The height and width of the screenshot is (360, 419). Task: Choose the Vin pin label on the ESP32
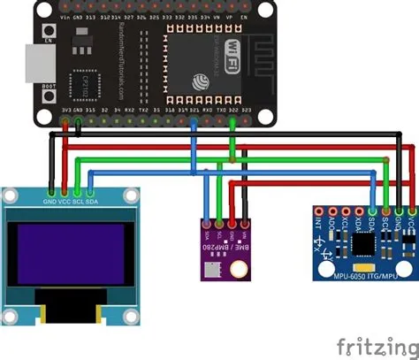tap(66, 16)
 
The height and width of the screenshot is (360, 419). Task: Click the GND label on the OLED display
tap(51, 202)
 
